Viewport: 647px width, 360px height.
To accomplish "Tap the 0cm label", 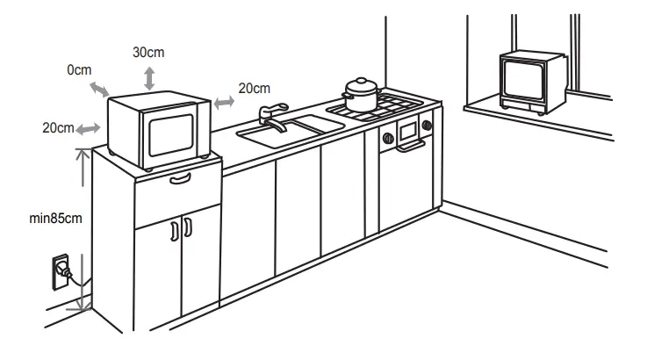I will point(79,69).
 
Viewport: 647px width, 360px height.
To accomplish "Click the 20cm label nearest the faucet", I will point(254,88).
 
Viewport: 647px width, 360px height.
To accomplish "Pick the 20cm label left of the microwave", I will point(58,128).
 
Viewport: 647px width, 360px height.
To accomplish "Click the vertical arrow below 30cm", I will point(149,77).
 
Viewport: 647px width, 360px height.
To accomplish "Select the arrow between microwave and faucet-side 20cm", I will point(224,103).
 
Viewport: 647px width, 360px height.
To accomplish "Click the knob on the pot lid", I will point(360,81).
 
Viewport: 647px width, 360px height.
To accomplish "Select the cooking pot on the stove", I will point(360,96).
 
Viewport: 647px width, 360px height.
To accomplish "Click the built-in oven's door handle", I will point(408,148).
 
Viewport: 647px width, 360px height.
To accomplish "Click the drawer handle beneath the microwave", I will point(179,179).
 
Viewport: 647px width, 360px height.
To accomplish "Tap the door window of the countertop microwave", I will point(169,133).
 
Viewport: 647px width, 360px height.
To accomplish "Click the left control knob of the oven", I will point(386,137).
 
